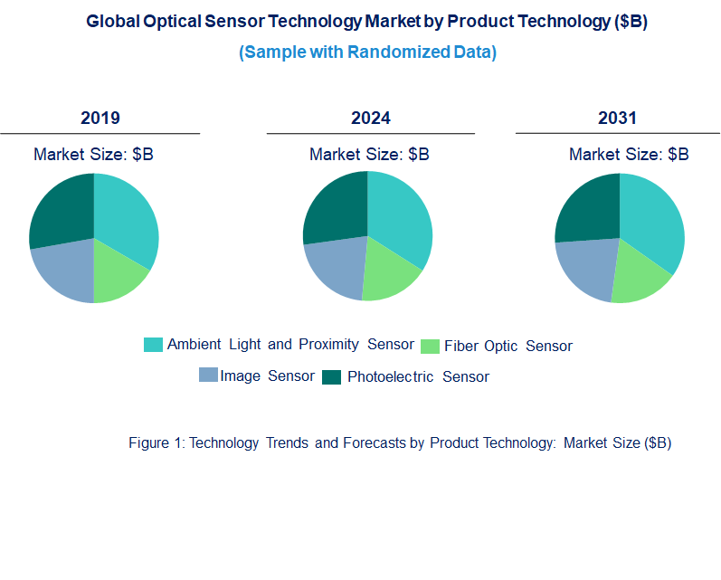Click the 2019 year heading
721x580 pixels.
click(x=100, y=119)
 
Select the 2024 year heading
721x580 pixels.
click(x=370, y=119)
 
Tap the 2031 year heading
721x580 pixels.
click(x=617, y=119)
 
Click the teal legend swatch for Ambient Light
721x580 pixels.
click(x=154, y=345)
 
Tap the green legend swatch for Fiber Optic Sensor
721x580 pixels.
click(x=430, y=347)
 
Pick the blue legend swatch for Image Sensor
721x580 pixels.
click(x=208, y=376)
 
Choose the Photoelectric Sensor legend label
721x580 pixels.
click(x=418, y=376)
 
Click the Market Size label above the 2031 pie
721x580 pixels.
click(x=629, y=155)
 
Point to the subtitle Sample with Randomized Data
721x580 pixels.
click(x=367, y=52)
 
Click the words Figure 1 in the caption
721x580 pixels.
click(x=156, y=442)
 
